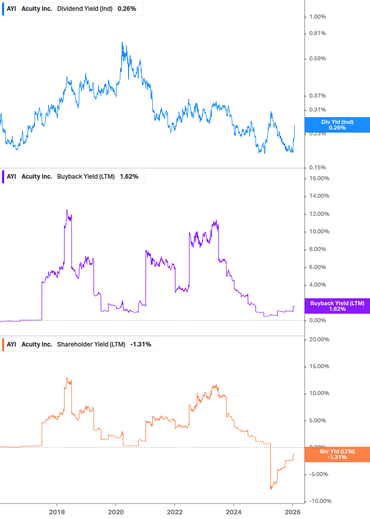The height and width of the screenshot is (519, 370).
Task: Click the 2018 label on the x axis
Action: click(56, 512)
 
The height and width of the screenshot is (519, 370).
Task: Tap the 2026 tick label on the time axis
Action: click(292, 512)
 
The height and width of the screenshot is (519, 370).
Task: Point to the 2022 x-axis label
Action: click(174, 512)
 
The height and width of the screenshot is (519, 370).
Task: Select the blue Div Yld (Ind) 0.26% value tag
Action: click(337, 124)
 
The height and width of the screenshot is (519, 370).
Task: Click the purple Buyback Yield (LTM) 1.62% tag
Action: click(337, 306)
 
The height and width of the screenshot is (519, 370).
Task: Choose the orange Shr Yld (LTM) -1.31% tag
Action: click(337, 454)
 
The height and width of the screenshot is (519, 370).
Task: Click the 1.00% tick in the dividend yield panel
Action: click(317, 17)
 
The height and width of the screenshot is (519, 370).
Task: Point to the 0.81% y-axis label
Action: click(317, 34)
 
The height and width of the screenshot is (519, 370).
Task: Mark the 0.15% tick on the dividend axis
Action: click(317, 167)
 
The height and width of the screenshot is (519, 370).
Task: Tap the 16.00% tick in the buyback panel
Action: click(318, 179)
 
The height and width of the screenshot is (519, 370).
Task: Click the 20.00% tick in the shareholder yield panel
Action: click(318, 339)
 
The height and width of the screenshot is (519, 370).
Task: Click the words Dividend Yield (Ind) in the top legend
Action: click(84, 9)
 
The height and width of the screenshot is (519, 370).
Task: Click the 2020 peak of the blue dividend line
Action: click(122, 42)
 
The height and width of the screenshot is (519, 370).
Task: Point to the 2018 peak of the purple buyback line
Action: click(67, 210)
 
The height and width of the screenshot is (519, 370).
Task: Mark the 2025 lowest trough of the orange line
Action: click(271, 489)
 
